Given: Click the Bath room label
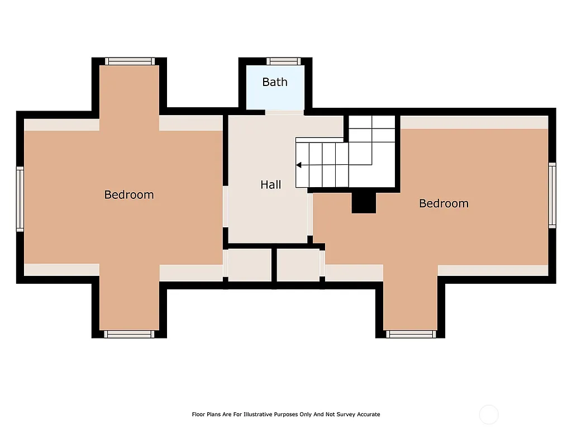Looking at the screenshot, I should pyautogui.click(x=275, y=82).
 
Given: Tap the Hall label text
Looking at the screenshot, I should pyautogui.click(x=271, y=184).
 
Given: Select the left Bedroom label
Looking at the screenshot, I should pyautogui.click(x=129, y=194).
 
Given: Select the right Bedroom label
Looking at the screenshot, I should pyautogui.click(x=444, y=203).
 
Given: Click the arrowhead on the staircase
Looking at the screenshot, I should pyautogui.click(x=299, y=165).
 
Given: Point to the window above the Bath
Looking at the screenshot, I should pyautogui.click(x=283, y=61).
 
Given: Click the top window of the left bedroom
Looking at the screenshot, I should pyautogui.click(x=130, y=61).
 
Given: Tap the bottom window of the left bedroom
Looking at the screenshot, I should pyautogui.click(x=130, y=334).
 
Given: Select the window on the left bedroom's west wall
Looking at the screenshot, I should pyautogui.click(x=20, y=199).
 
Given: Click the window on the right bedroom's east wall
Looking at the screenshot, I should pyautogui.click(x=552, y=195).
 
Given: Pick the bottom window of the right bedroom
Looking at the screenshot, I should pyautogui.click(x=411, y=334).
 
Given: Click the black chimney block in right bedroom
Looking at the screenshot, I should pyautogui.click(x=364, y=203).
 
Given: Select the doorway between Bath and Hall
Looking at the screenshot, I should pyautogui.click(x=284, y=112).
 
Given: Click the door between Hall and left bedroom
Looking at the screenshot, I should pyautogui.click(x=226, y=207).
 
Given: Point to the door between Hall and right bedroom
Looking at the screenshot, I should pyautogui.click(x=309, y=214).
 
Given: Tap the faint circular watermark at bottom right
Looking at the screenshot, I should pyautogui.click(x=489, y=414).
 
